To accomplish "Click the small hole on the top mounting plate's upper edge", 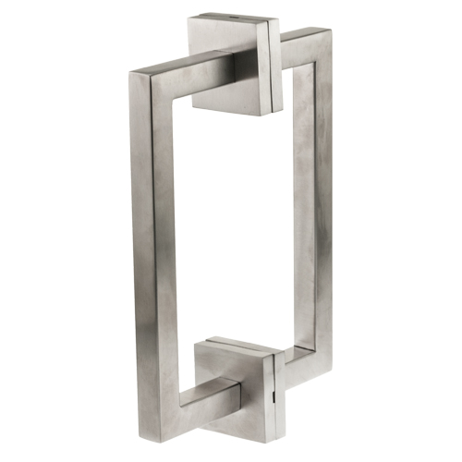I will click(x=228, y=18).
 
